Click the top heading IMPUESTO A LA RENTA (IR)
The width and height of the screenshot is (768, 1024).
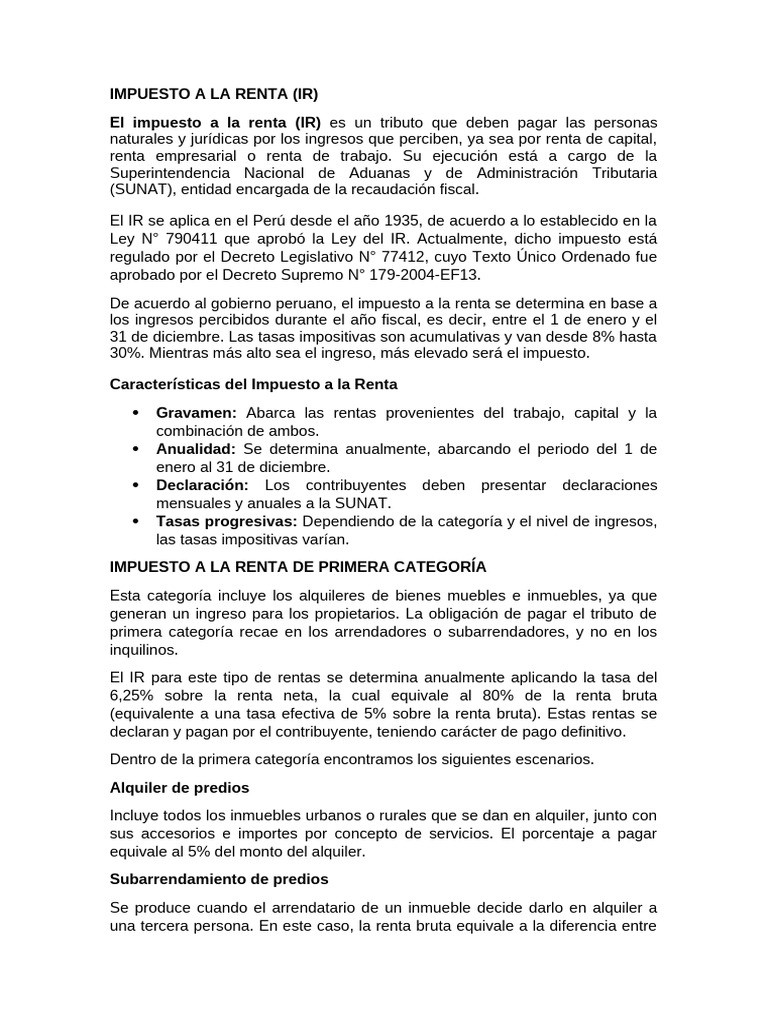pos(213,95)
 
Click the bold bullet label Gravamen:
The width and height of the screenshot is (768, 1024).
pos(196,413)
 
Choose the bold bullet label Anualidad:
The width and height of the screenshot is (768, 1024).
pos(196,449)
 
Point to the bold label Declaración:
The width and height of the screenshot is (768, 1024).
pos(202,485)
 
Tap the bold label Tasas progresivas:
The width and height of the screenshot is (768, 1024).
pos(227,521)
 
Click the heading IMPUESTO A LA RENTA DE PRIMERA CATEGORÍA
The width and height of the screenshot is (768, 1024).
pos(297,566)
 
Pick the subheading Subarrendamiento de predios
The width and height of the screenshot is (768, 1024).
pos(218,879)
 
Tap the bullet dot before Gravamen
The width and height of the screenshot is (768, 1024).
pos(135,413)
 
